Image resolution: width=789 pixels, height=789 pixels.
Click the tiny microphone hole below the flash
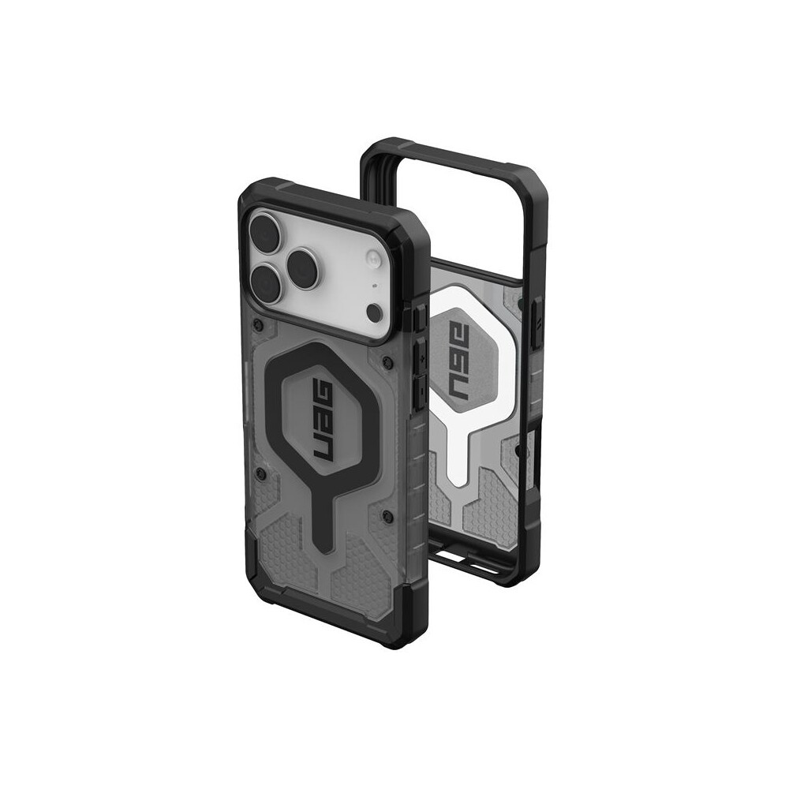point(374,286)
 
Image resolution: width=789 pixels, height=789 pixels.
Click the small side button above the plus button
point(419,318)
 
